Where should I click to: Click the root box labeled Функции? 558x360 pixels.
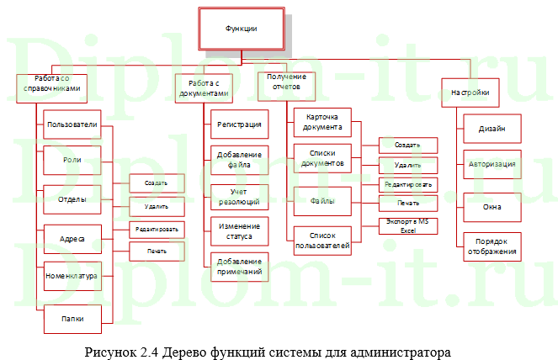click(x=240, y=29)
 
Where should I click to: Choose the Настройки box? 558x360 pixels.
click(x=470, y=91)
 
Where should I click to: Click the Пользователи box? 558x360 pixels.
click(x=72, y=124)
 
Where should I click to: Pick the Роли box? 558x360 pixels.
click(x=72, y=160)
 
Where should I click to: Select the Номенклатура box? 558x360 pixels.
click(x=72, y=275)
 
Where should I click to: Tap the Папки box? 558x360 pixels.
click(x=72, y=316)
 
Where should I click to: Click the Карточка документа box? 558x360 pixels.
click(x=323, y=123)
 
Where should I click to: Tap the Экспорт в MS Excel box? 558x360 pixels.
click(x=407, y=225)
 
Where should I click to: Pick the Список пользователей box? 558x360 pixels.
click(x=323, y=241)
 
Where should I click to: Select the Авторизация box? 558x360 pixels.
click(x=492, y=164)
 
